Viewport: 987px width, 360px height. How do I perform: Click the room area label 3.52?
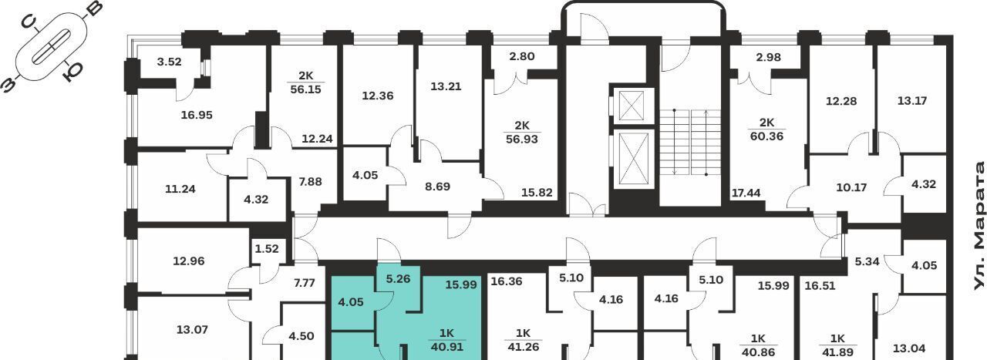(x=169, y=62)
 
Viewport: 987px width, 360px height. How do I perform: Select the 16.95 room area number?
(x=197, y=115)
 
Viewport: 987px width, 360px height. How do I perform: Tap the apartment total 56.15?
(x=306, y=89)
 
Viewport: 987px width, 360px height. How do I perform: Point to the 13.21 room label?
(x=446, y=86)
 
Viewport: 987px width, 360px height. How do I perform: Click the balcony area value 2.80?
(x=522, y=56)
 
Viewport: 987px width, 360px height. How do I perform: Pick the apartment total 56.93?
(x=522, y=140)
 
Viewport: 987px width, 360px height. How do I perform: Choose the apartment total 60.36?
(x=766, y=136)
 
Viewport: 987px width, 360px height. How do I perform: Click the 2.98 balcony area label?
(x=769, y=57)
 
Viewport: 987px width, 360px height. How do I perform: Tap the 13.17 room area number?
(x=912, y=101)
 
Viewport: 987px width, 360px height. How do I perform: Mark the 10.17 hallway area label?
(x=851, y=188)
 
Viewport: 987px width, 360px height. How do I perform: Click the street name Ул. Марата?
(x=979, y=226)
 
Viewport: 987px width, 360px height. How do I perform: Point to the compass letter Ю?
(x=72, y=72)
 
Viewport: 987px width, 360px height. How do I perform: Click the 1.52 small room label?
(x=267, y=249)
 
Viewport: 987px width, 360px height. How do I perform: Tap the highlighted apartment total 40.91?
(x=446, y=347)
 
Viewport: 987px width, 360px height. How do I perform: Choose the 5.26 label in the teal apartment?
(x=398, y=279)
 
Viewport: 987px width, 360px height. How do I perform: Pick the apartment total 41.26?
(x=523, y=347)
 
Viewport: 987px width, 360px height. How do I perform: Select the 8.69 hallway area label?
(x=437, y=187)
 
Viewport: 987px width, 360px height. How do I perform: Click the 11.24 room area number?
(x=180, y=189)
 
